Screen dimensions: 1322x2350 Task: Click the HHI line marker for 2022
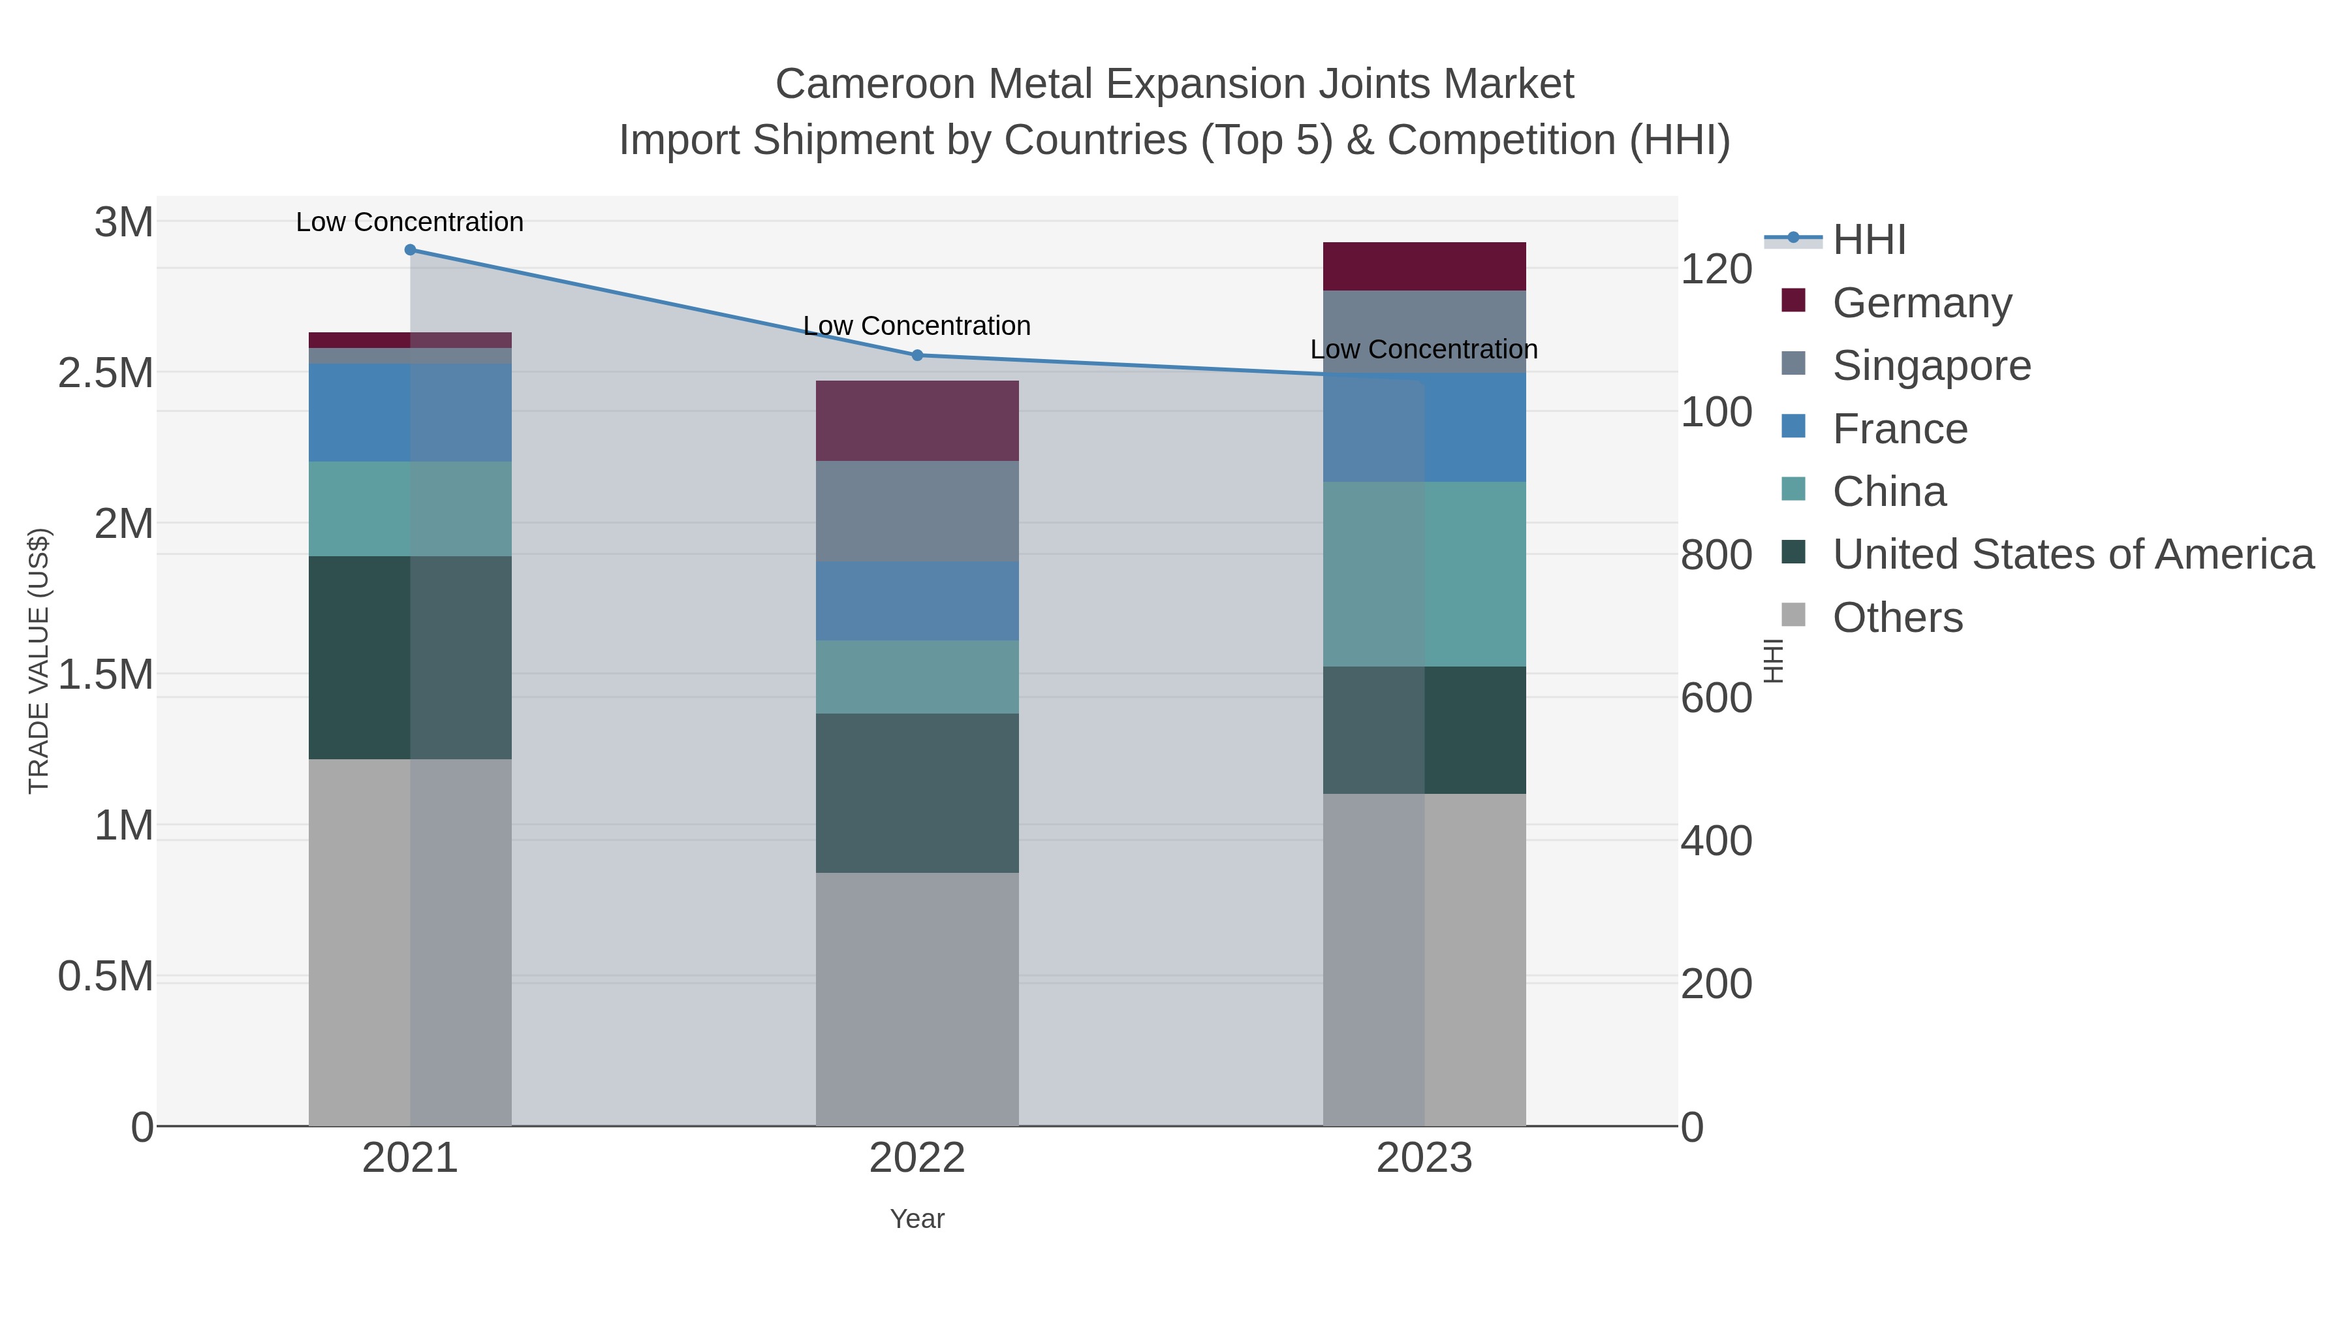pos(917,355)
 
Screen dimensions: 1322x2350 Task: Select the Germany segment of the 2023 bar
pos(1424,266)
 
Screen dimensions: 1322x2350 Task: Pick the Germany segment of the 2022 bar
pos(917,420)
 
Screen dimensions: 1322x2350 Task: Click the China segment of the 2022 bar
pos(917,677)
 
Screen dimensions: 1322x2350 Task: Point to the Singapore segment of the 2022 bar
pos(917,511)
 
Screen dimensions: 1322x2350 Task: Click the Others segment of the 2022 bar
pos(917,999)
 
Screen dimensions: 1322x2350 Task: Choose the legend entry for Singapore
pos(1932,366)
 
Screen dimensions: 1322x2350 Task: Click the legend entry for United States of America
pos(2072,555)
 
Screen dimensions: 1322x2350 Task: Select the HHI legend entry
pos(1868,240)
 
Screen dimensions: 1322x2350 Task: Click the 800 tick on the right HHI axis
pos(1716,556)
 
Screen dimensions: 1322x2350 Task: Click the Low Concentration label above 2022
pos(917,326)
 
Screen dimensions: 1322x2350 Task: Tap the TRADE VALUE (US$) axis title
pos(39,661)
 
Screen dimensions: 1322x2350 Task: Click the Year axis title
pos(917,1219)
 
